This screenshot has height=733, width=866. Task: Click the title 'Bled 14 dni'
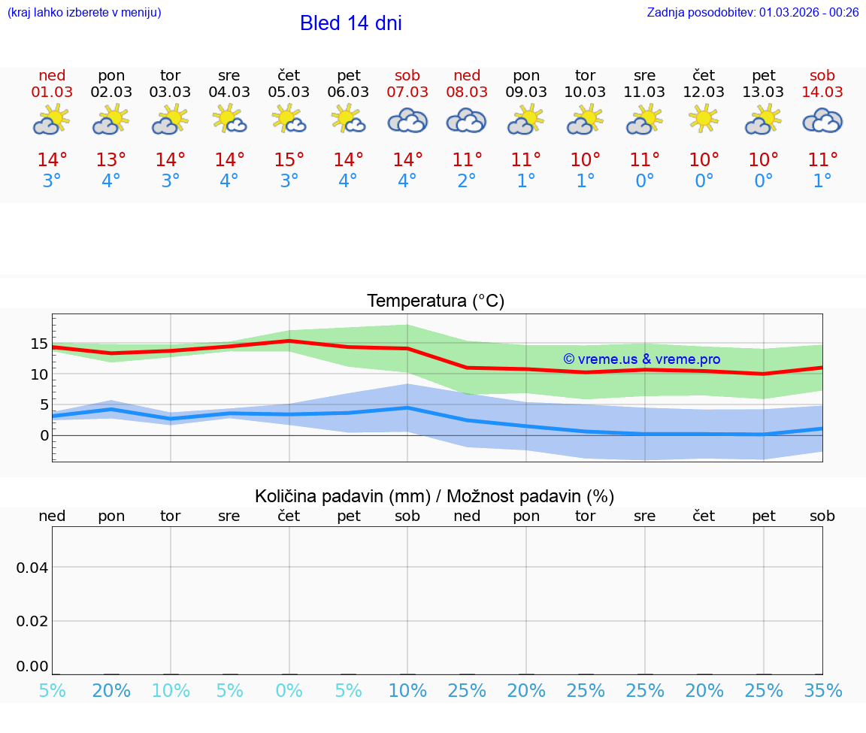(x=350, y=23)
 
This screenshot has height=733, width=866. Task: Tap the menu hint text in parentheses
(x=83, y=12)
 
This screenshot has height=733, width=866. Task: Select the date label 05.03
(x=289, y=92)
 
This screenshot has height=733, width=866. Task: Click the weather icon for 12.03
(x=704, y=119)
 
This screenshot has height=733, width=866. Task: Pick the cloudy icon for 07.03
(x=407, y=120)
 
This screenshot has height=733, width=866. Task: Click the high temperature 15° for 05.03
(x=289, y=159)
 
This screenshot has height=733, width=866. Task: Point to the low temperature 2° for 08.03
(x=467, y=181)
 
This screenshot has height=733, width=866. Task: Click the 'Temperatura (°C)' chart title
(x=435, y=301)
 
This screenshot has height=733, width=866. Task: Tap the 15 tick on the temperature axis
(x=38, y=344)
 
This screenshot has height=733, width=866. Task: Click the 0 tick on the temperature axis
(x=44, y=435)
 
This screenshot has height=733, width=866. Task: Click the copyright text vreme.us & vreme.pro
(x=641, y=359)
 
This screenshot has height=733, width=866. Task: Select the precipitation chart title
(x=435, y=496)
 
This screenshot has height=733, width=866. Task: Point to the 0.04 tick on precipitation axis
(x=32, y=567)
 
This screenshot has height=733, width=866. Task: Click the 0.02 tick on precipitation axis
(x=32, y=621)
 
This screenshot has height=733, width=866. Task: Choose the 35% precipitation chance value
(x=822, y=691)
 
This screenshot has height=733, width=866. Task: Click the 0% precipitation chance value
(x=289, y=691)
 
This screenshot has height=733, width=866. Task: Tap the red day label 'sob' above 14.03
(x=822, y=75)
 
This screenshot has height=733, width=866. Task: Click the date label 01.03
(x=52, y=92)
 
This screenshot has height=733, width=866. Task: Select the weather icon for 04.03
(x=229, y=119)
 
